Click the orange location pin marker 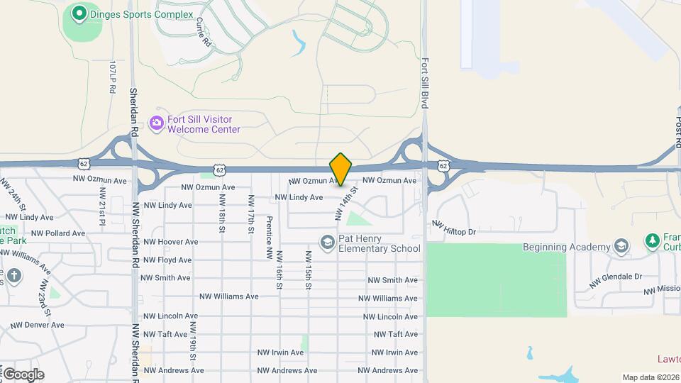pos(340,169)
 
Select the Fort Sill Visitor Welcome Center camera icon pos(156,123)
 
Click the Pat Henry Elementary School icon pos(327,243)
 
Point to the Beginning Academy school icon pos(621,246)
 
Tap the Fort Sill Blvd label pos(426,82)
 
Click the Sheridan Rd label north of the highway pos(133,111)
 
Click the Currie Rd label pos(203,33)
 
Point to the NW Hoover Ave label pos(170,242)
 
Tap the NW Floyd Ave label pos(167,260)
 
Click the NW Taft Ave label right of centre pos(395,334)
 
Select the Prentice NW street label pos(269,237)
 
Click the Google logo pos(23,374)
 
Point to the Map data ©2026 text pos(650,377)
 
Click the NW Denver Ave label pos(38,326)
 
